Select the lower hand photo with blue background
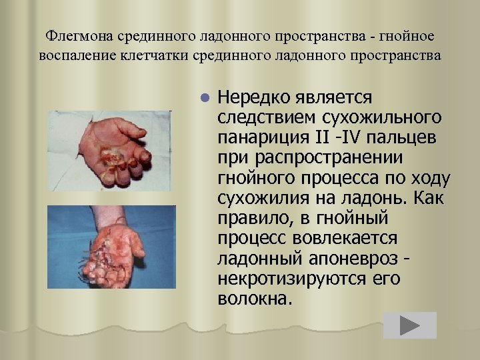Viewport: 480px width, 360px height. coord(111,246)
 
